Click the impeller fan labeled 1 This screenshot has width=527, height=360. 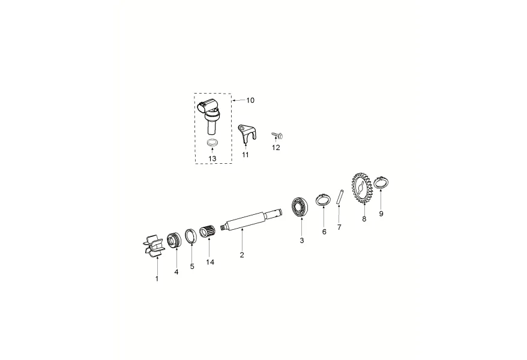coord(155,247)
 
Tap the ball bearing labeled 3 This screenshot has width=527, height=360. coord(300,207)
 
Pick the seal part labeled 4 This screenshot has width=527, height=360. coord(174,241)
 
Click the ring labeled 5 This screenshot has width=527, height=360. coord(191,236)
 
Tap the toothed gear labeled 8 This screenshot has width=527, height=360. coord(362,188)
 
